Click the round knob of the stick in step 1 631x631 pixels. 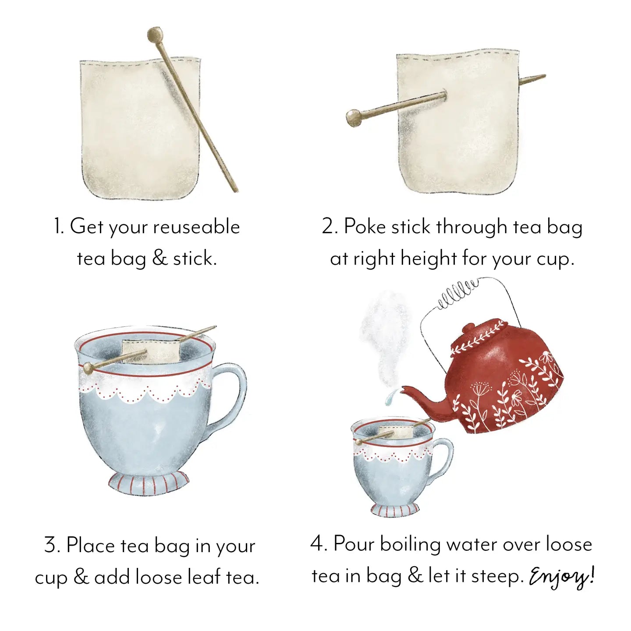155,34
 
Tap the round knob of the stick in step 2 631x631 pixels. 353,117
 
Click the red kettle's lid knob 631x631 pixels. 469,328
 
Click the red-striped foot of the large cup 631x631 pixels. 149,483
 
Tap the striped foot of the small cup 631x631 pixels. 395,510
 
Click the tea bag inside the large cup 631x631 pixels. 151,351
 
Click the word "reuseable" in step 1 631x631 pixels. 196,227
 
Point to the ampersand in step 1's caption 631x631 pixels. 160,258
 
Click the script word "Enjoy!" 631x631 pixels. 561,577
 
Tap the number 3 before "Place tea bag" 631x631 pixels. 51,545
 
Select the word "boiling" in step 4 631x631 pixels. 410,545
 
